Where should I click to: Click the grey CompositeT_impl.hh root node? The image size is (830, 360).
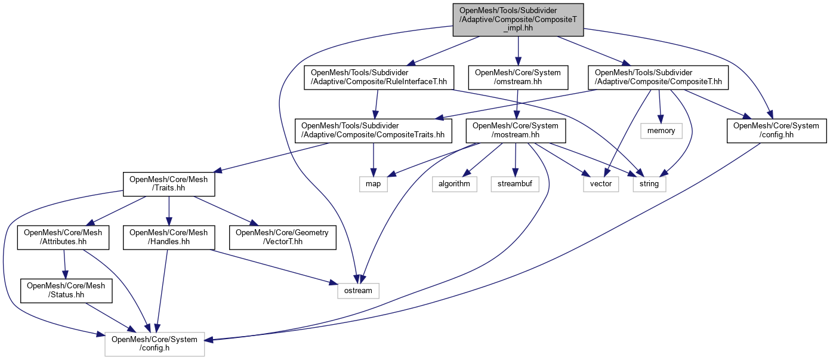[518, 20]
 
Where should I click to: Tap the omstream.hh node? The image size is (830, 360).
[517, 77]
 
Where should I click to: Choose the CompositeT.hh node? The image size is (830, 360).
[658, 77]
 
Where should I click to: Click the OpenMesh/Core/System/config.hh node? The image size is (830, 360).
[776, 130]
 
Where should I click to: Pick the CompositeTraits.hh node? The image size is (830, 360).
[373, 130]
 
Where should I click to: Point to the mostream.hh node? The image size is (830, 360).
[516, 130]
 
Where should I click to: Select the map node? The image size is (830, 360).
[373, 184]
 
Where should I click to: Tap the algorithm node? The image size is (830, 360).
[455, 184]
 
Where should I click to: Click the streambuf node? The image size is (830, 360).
[516, 184]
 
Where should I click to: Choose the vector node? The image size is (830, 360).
[601, 184]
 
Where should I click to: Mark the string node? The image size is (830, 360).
[649, 184]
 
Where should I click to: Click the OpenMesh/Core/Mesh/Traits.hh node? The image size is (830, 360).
[169, 184]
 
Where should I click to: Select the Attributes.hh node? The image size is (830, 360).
[63, 237]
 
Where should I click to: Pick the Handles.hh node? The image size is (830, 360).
[169, 237]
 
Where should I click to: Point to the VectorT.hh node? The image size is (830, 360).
[283, 237]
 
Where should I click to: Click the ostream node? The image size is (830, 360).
[358, 291]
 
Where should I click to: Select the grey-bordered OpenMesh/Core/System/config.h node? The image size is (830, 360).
[155, 344]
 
